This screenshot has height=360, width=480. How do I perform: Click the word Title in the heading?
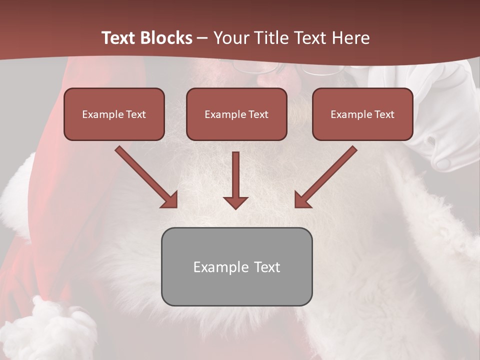271,38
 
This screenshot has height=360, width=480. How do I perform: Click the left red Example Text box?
114,114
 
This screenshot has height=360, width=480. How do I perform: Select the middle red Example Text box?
236,114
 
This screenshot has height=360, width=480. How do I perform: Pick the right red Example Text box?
362,114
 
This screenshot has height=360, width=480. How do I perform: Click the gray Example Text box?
236,266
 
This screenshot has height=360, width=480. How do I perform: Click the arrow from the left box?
145,176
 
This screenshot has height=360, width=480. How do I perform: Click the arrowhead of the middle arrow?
235,202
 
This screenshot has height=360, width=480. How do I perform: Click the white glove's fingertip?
443,163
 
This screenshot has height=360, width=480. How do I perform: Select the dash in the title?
202,38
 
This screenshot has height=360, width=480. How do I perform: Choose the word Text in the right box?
384,114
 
